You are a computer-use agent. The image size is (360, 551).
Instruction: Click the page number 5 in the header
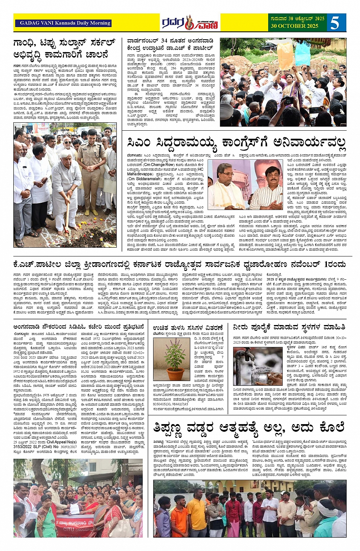(x=334, y=23)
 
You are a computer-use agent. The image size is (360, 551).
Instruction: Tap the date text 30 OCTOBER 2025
(x=294, y=26)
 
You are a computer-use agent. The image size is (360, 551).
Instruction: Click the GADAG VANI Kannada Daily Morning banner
(x=63, y=23)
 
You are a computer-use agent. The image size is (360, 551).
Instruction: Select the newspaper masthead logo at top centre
(x=189, y=23)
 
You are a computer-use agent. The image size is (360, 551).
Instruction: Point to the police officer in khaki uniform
(x=92, y=168)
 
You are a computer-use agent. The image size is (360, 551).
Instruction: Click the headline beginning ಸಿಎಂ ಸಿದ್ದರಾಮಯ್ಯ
(x=237, y=143)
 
